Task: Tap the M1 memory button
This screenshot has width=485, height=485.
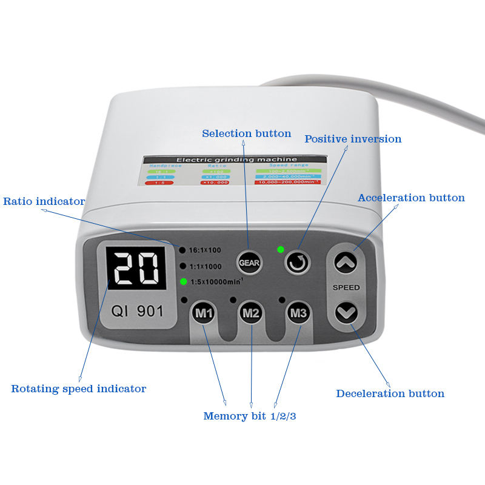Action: tap(203, 313)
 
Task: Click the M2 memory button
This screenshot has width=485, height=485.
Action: tap(250, 313)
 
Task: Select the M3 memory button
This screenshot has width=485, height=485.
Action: tap(298, 313)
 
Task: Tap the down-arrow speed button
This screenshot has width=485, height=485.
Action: tap(346, 313)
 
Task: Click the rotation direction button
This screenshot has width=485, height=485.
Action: tap(298, 262)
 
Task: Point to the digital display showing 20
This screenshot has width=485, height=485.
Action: tap(136, 269)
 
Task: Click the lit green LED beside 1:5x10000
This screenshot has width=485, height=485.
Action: tap(182, 281)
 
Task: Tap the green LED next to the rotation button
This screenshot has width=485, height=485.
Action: tap(280, 249)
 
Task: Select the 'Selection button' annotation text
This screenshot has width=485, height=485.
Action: tap(246, 133)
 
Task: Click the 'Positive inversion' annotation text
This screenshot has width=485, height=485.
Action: tap(353, 139)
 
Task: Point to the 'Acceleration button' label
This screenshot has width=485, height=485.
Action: tap(411, 198)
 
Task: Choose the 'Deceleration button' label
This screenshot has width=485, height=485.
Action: tap(390, 393)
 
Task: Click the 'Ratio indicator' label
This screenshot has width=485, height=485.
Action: tap(44, 201)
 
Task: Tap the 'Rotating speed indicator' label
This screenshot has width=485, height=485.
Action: tap(78, 389)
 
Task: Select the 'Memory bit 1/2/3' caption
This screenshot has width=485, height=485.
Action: tap(249, 416)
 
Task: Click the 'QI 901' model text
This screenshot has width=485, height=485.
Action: tap(137, 311)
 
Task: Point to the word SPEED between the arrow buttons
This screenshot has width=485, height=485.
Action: tap(346, 287)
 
